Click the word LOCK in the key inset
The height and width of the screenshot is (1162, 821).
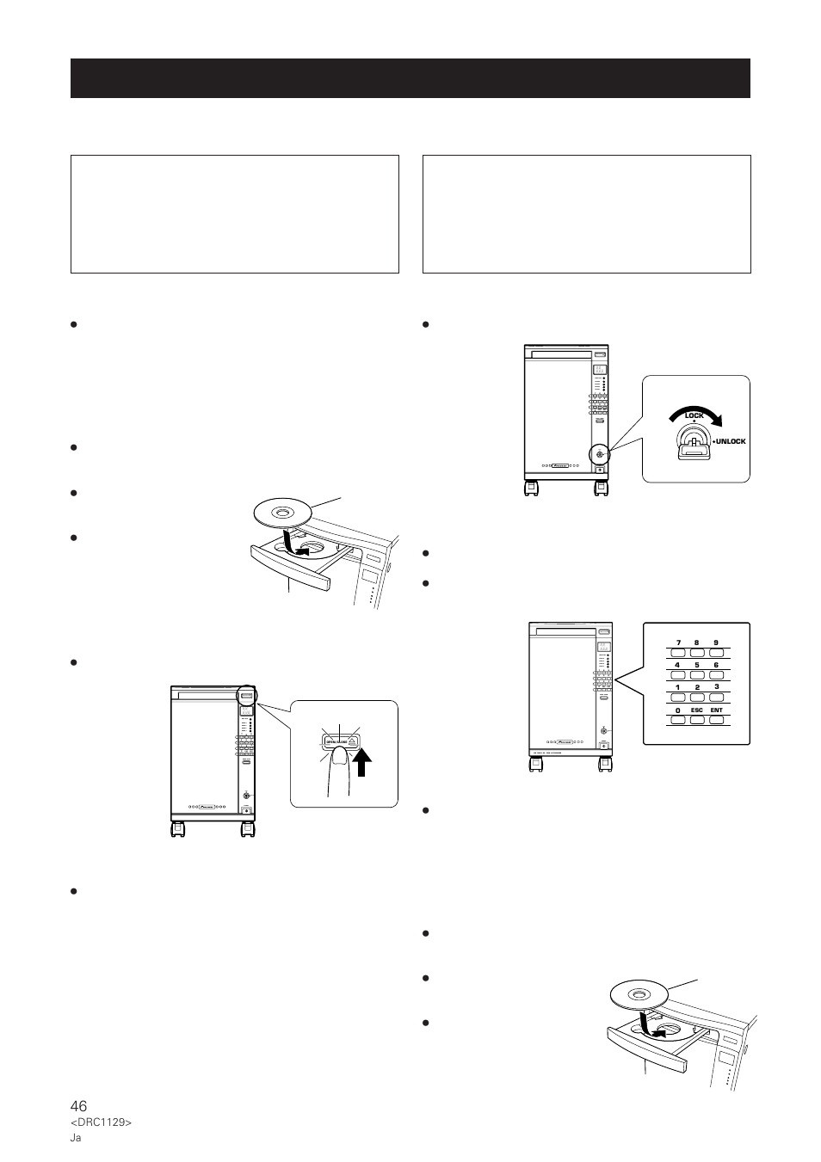694,415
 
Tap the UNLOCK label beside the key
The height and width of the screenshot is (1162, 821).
729,441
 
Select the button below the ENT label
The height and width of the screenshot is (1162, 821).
716,719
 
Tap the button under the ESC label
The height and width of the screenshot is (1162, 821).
696,719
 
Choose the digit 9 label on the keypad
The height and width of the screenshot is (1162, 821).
716,642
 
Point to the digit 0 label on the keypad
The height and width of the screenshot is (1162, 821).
678,710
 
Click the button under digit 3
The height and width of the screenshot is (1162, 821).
716,697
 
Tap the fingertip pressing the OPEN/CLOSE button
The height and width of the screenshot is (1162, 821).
340,756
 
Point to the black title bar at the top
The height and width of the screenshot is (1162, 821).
410,78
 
